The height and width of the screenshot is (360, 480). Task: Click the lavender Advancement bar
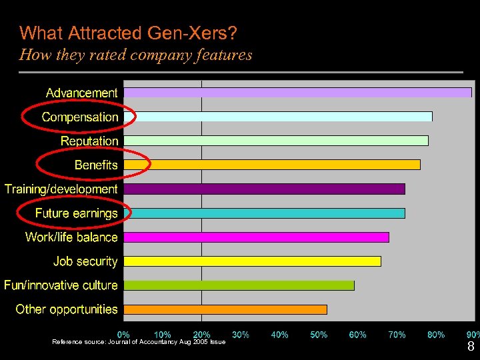coord(297,93)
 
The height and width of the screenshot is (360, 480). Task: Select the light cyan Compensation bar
coord(278,117)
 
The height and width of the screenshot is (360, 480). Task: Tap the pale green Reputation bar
coord(276,141)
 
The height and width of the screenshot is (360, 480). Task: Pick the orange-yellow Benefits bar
coord(272,165)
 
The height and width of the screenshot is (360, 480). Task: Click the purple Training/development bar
coord(264,189)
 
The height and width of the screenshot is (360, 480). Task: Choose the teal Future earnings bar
coord(264,213)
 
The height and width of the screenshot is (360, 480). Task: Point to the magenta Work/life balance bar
coord(256,237)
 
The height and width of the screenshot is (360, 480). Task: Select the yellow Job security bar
coord(252,261)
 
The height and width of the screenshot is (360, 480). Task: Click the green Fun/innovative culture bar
coord(239,285)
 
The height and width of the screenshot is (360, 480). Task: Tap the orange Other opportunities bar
coord(225,309)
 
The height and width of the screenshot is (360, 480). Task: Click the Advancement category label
coord(81,93)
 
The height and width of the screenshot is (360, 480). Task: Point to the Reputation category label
coord(89,141)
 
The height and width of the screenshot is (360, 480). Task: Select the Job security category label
coord(85,261)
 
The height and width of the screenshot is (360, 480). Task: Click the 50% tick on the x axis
coord(319,335)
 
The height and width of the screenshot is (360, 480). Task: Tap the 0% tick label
coord(124,335)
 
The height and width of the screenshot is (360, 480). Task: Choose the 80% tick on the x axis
coord(436,335)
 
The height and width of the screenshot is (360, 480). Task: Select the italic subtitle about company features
coord(136,55)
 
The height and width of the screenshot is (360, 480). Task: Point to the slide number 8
coord(471,347)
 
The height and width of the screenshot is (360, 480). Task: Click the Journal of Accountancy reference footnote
coord(139,342)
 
